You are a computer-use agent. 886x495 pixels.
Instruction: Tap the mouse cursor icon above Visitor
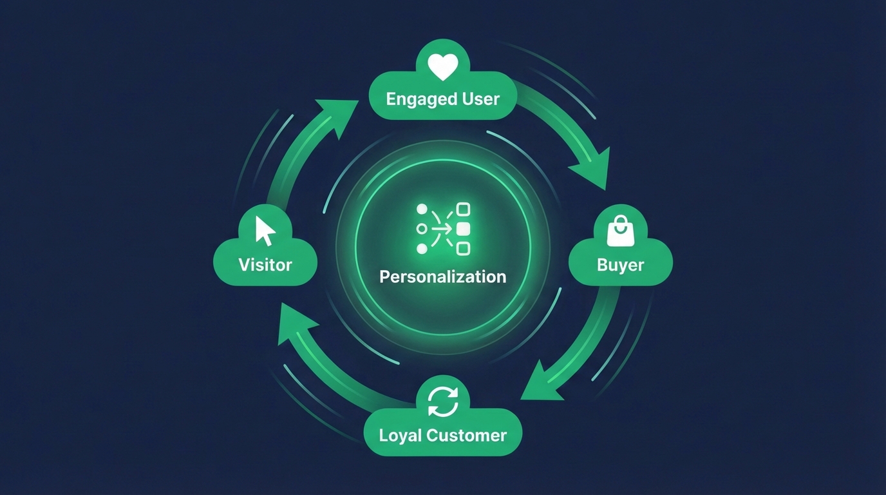[265, 231]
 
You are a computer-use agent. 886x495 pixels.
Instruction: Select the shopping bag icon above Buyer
[621, 231]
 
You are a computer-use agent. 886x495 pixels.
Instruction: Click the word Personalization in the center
[443, 277]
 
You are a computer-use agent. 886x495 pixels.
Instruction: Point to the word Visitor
[265, 265]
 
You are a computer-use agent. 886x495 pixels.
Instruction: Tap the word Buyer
[621, 265]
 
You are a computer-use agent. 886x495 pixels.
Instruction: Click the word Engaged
[415, 99]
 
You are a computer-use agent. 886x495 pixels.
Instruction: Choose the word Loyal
[399, 435]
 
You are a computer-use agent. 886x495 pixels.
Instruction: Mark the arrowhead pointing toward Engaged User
[340, 116]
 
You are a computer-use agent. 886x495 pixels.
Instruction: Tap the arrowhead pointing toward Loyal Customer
[540, 385]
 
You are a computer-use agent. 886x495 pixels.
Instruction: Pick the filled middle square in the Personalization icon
[463, 228]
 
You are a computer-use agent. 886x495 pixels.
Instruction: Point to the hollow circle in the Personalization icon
[422, 228]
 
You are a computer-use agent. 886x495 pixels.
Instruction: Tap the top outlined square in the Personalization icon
[463, 209]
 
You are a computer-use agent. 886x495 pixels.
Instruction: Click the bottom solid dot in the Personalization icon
[422, 248]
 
